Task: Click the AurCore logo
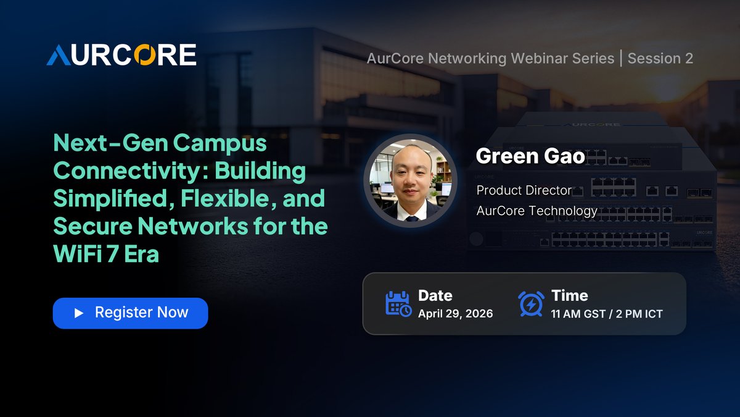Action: pyautogui.click(x=121, y=55)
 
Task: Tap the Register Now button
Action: pyautogui.click(x=130, y=313)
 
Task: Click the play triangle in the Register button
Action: pyautogui.click(x=78, y=313)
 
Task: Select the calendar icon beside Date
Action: pyautogui.click(x=398, y=303)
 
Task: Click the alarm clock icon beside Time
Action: pyautogui.click(x=531, y=303)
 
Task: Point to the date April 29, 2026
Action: pyautogui.click(x=455, y=313)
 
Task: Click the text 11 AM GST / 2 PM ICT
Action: pyautogui.click(x=607, y=313)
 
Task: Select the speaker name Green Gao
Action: pyautogui.click(x=530, y=156)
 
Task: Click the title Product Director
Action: pyautogui.click(x=524, y=190)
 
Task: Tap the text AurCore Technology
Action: pyautogui.click(x=536, y=211)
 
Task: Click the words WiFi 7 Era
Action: pyautogui.click(x=106, y=253)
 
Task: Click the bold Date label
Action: pyautogui.click(x=435, y=295)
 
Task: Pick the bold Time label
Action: pyautogui.click(x=569, y=295)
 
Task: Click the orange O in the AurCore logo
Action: pyautogui.click(x=157, y=55)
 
